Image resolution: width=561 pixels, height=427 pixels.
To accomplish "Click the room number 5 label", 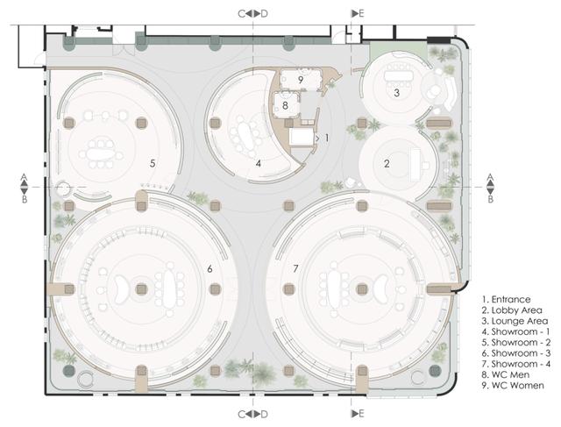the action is pos(153,164).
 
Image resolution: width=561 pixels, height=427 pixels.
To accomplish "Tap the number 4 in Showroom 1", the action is pos(259,164).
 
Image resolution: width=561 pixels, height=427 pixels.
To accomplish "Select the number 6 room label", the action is pos(209,268).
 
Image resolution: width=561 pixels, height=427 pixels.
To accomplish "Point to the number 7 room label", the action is pos(295,268).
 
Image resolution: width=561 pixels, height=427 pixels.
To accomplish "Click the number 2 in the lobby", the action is pos(387,164).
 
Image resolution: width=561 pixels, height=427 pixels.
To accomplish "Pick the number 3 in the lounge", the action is pos(396,93).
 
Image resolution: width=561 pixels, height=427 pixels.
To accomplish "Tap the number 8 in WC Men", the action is pos(285,105).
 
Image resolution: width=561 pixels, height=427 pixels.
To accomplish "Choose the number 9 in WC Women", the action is pos(301,80).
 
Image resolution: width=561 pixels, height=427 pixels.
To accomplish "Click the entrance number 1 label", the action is pos(326,138).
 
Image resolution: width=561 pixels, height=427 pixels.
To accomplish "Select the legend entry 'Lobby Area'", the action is pos(516,310).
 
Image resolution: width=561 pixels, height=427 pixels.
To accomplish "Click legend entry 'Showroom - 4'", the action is pos(521,364).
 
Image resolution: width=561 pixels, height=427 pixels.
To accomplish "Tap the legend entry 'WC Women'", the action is pos(518,386).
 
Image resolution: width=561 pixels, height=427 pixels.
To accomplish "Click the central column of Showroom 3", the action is pos(142,289).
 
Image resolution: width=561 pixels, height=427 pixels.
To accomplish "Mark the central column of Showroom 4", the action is pos(362,289).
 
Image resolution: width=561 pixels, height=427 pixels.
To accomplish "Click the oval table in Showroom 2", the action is pos(101,154).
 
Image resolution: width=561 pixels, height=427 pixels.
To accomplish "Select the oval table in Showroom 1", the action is pos(245,136).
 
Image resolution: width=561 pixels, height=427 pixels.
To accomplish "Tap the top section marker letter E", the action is pos(361,14).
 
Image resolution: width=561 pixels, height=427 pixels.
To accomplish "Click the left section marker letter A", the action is pos(24,177).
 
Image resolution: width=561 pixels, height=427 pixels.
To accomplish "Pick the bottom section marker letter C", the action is pos(242,414).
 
